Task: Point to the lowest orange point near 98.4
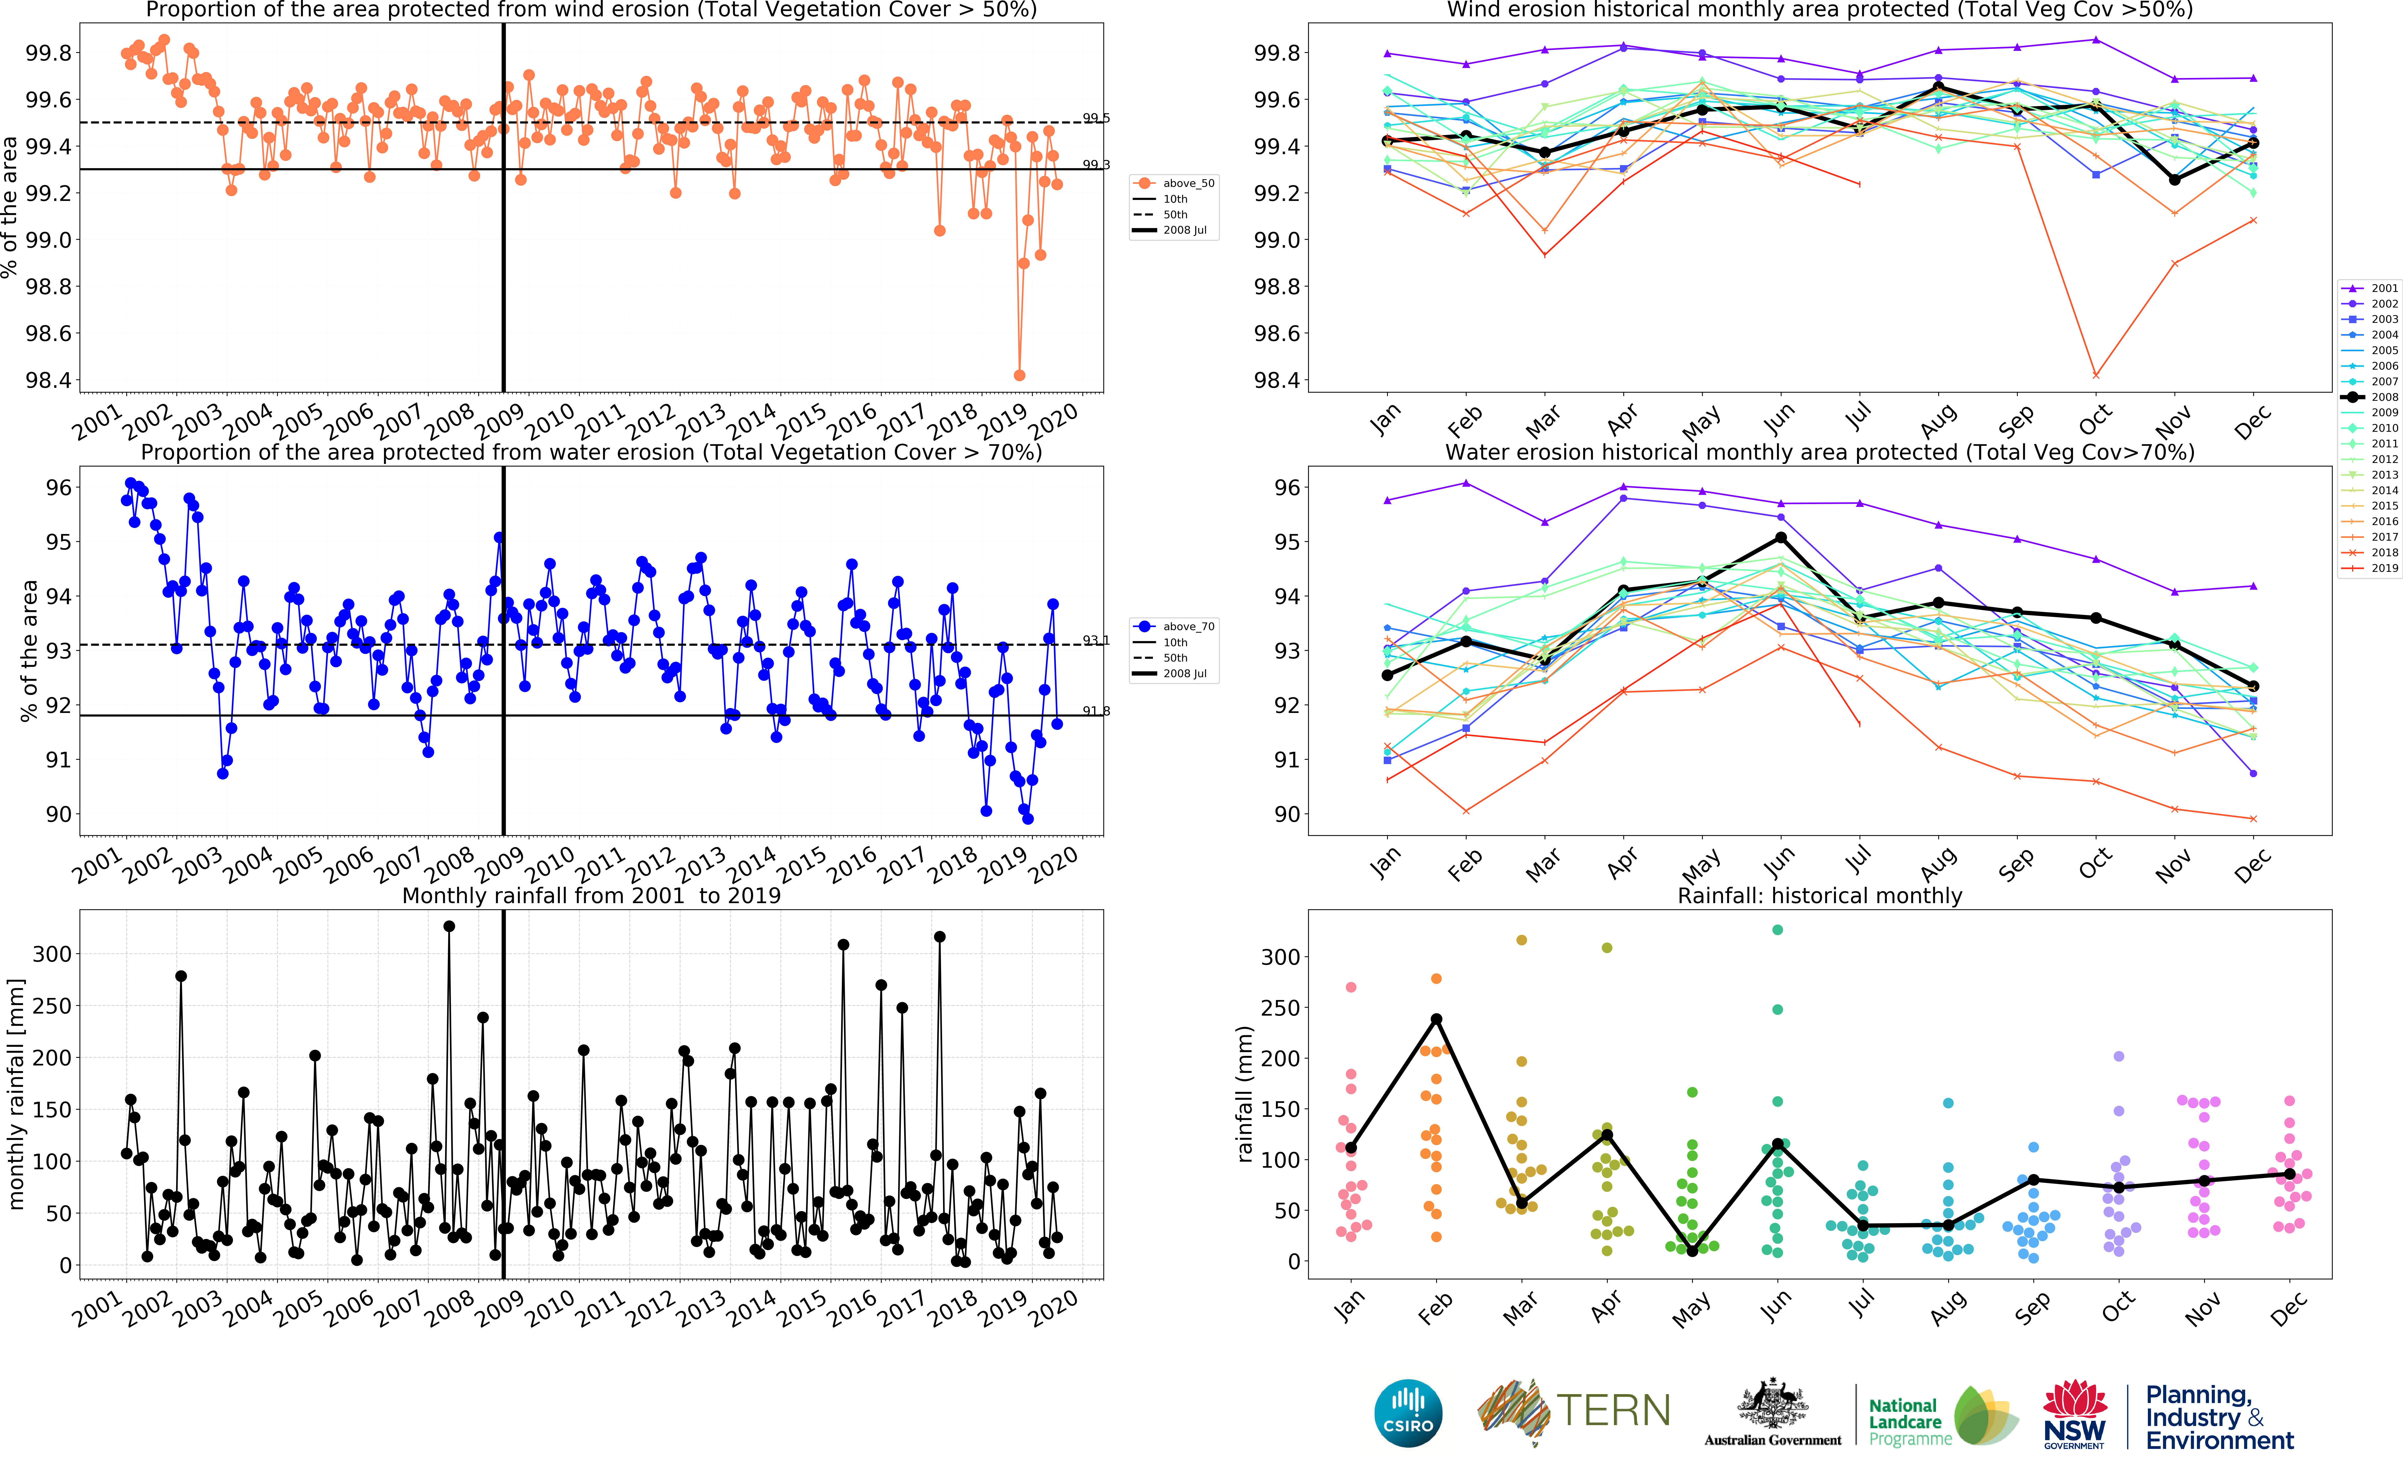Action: (1019, 375)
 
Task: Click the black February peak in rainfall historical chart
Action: (1436, 1019)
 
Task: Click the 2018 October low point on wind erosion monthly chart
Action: (2095, 375)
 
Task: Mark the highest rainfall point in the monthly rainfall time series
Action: (449, 926)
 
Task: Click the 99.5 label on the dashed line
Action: (1096, 118)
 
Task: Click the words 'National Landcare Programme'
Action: (1908, 1422)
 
